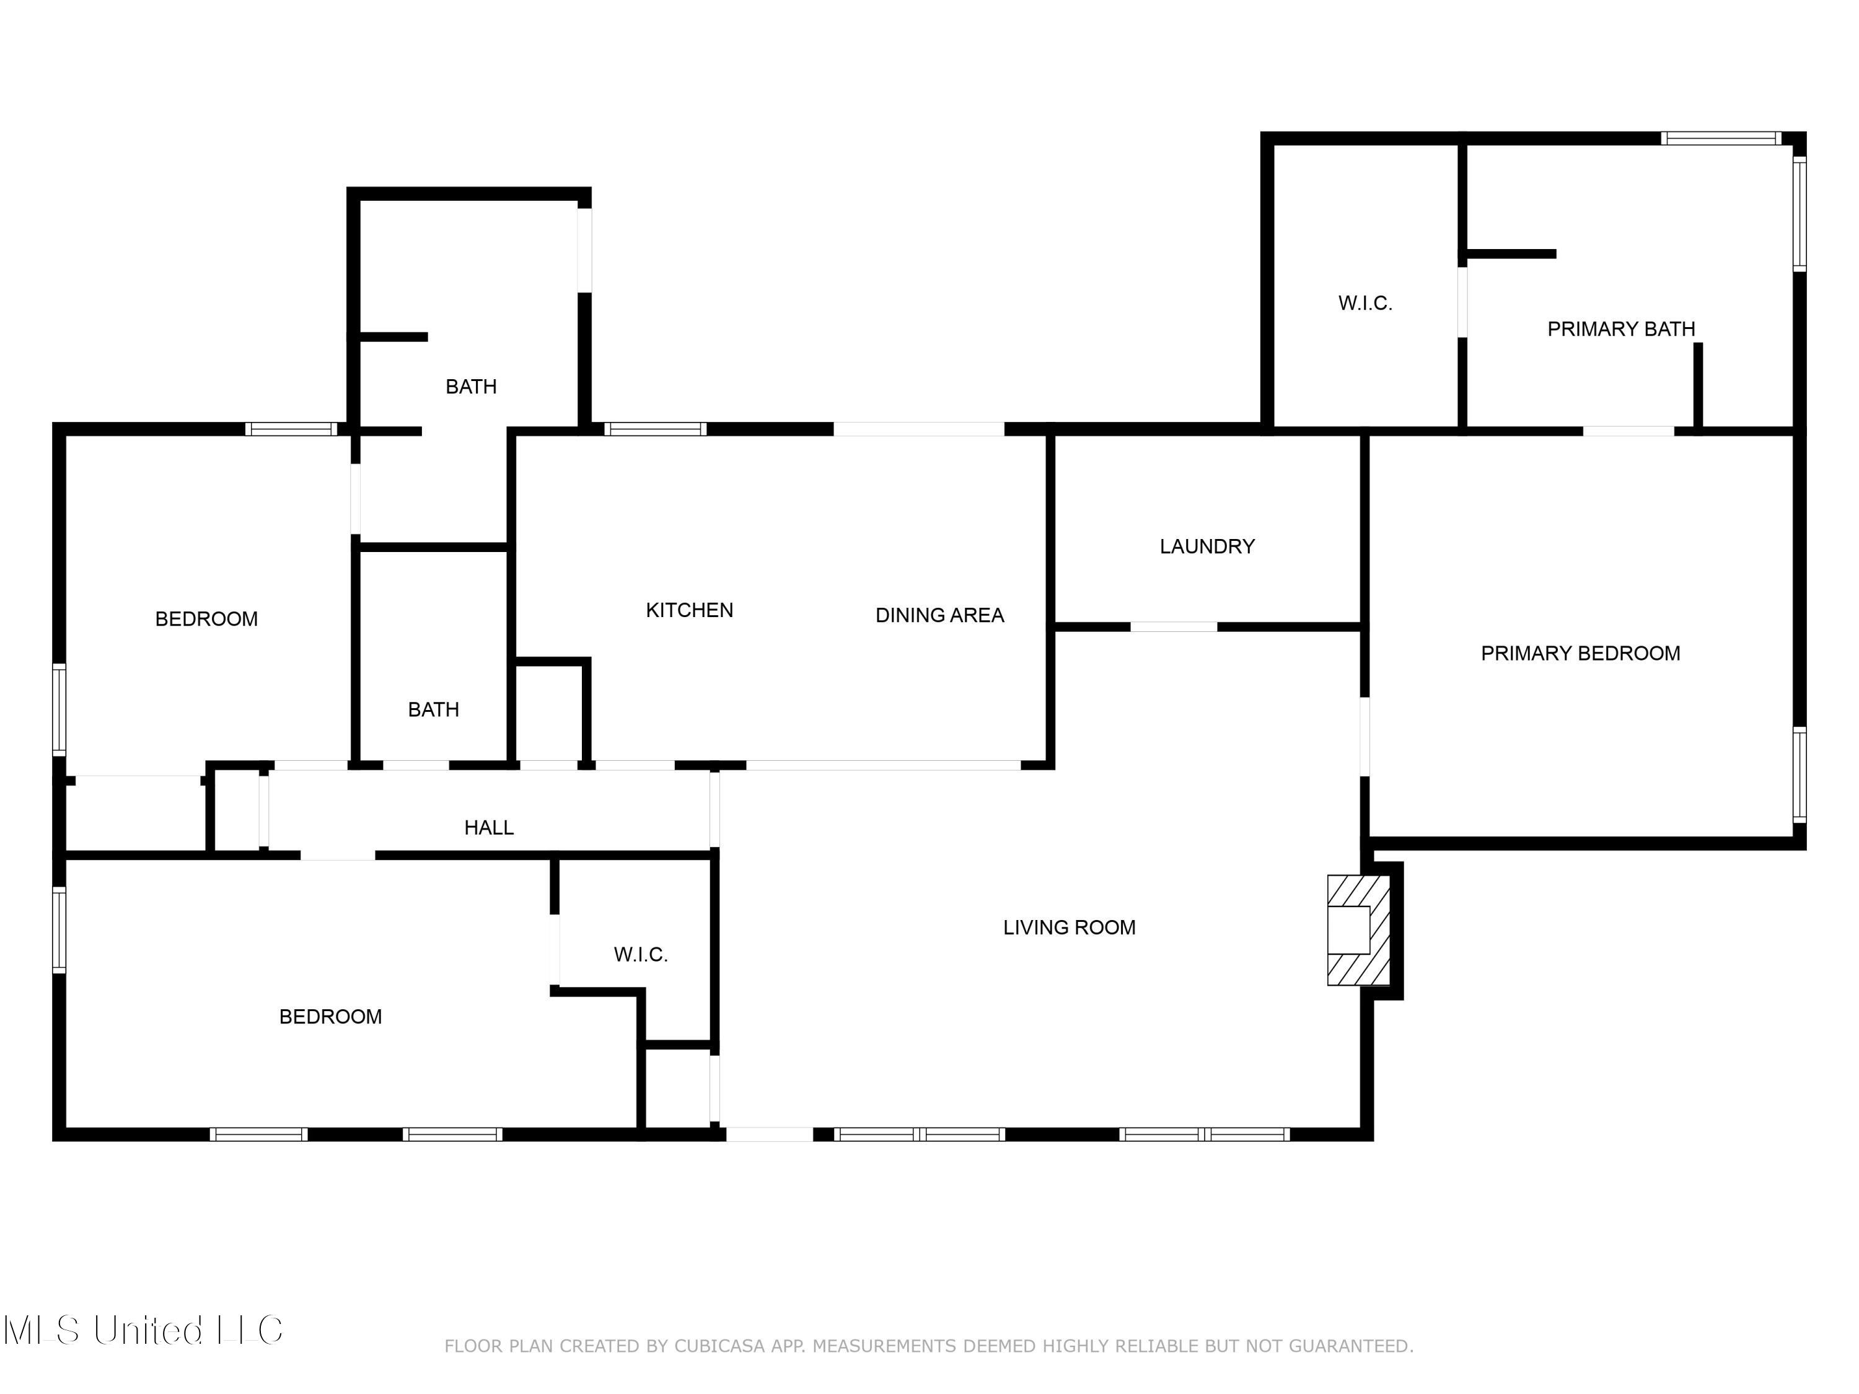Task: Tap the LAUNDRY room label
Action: point(1207,546)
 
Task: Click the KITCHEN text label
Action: point(689,610)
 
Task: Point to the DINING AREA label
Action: point(939,615)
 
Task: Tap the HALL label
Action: point(488,828)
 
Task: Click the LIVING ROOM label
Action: point(1069,927)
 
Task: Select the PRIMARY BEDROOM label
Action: point(1580,653)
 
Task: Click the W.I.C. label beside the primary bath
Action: point(1365,304)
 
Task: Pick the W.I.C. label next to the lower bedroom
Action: point(640,955)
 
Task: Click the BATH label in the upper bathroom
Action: point(470,387)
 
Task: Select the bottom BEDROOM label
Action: point(330,1017)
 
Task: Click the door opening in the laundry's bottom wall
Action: point(1173,627)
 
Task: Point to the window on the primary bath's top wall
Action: point(1720,139)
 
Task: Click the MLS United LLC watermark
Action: point(143,1330)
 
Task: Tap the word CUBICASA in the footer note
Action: point(720,1346)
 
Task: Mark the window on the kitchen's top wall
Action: point(655,429)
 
